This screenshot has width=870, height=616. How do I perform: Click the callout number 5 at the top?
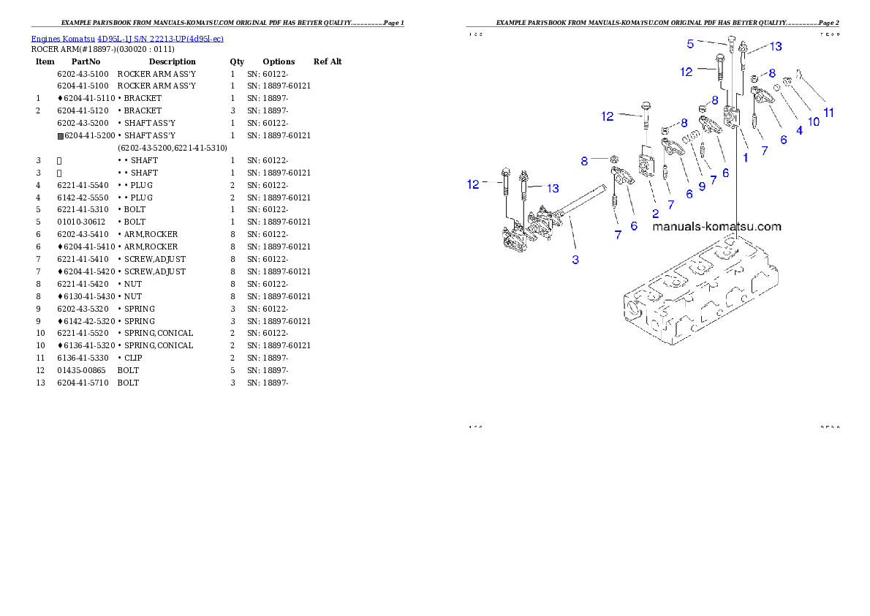[690, 44]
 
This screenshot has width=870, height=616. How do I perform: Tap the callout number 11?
[828, 113]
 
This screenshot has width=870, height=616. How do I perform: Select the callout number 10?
[813, 122]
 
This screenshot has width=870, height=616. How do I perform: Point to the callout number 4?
[799, 130]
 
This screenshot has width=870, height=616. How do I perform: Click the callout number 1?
[746, 157]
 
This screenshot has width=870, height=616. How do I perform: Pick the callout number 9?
[702, 186]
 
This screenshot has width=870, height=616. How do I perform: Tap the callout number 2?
[656, 214]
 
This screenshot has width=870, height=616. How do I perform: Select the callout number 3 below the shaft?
[575, 260]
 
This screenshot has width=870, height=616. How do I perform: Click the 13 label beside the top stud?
[775, 46]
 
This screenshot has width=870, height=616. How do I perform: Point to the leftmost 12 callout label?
[474, 184]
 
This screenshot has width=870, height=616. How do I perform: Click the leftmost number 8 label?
[584, 160]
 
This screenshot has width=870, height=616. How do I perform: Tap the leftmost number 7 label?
[618, 235]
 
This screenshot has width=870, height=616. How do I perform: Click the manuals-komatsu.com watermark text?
[716, 227]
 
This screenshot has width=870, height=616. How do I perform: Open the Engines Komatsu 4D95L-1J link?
[127, 38]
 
